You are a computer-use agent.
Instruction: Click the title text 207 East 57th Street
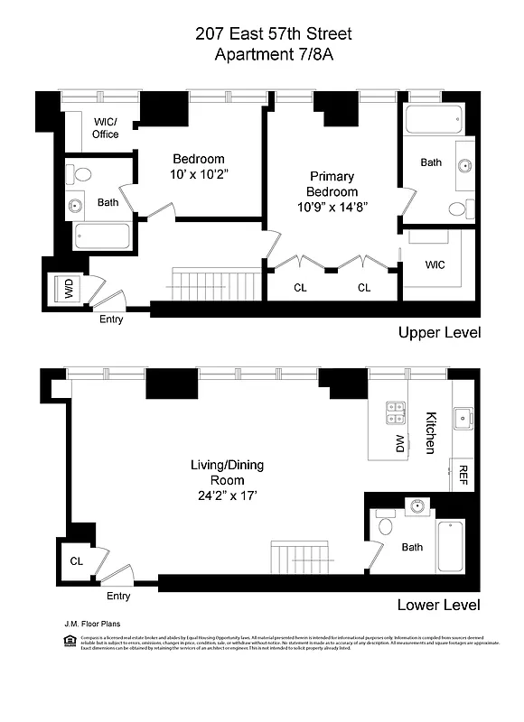click(x=261, y=34)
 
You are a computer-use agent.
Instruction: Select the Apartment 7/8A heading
click(x=261, y=55)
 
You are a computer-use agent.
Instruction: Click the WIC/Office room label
click(x=105, y=128)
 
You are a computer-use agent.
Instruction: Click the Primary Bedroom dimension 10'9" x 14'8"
click(x=332, y=207)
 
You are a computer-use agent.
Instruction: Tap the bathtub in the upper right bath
click(x=434, y=119)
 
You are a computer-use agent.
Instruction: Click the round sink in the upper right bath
click(x=466, y=165)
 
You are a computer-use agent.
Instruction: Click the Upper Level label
click(x=439, y=333)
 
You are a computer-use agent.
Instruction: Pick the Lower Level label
click(x=439, y=605)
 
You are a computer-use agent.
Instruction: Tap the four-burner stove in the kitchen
click(x=395, y=412)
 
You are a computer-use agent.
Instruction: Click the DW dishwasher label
click(x=395, y=443)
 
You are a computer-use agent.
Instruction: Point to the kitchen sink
click(x=463, y=417)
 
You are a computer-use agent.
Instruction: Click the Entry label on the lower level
click(x=118, y=596)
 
